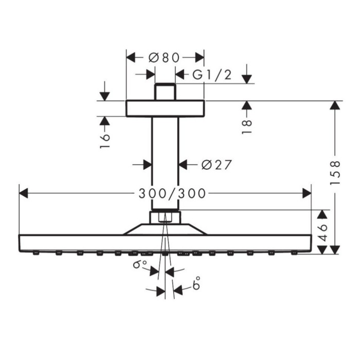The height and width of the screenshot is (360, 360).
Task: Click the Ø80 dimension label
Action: pyautogui.click(x=165, y=57)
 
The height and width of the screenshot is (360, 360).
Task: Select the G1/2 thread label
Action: pyautogui.click(x=212, y=75)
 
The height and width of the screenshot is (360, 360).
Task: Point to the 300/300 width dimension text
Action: pyautogui.click(x=172, y=193)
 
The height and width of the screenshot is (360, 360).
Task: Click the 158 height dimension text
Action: pyautogui.click(x=335, y=173)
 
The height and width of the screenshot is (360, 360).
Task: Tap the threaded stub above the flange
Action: pyautogui.click(x=165, y=91)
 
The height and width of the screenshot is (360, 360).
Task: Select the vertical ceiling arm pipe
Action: pyautogui.click(x=165, y=162)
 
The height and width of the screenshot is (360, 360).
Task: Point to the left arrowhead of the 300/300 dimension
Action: pyautogui.click(x=23, y=193)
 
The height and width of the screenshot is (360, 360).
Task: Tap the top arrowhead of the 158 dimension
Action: pyautogui.click(x=335, y=104)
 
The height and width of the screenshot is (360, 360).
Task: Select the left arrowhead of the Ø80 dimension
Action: pyautogui.click(x=130, y=57)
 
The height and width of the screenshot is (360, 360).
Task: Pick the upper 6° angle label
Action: pyautogui.click(x=137, y=265)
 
